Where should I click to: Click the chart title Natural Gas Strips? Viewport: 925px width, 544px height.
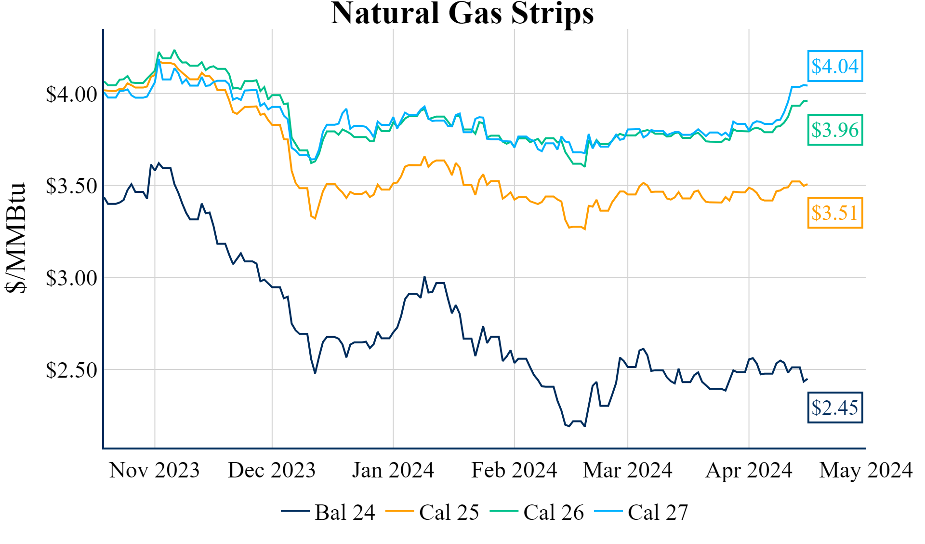click(x=462, y=14)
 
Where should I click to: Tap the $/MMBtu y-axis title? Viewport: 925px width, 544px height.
click(x=15, y=238)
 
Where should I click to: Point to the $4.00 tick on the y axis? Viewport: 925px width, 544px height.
click(x=71, y=94)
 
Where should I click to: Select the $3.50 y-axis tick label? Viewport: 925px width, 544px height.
click(x=71, y=186)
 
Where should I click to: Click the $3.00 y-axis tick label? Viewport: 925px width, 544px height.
click(x=71, y=278)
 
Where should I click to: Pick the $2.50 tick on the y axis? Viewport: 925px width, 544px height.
click(x=71, y=370)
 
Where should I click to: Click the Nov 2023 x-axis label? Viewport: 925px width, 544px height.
click(x=154, y=470)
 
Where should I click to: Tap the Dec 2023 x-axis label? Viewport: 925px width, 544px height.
click(x=272, y=470)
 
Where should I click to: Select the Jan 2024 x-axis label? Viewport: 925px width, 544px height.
click(x=393, y=470)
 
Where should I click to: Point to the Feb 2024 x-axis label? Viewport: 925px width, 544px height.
click(x=514, y=470)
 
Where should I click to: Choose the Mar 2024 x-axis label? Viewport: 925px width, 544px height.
click(x=627, y=470)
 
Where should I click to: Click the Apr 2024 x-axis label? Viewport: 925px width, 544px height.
click(x=749, y=470)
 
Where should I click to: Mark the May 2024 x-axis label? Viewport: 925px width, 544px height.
click(x=866, y=470)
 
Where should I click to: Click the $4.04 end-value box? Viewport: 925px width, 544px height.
click(x=835, y=66)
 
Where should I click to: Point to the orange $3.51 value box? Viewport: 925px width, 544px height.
click(x=835, y=213)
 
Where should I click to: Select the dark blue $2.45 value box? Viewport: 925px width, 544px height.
click(x=835, y=408)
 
